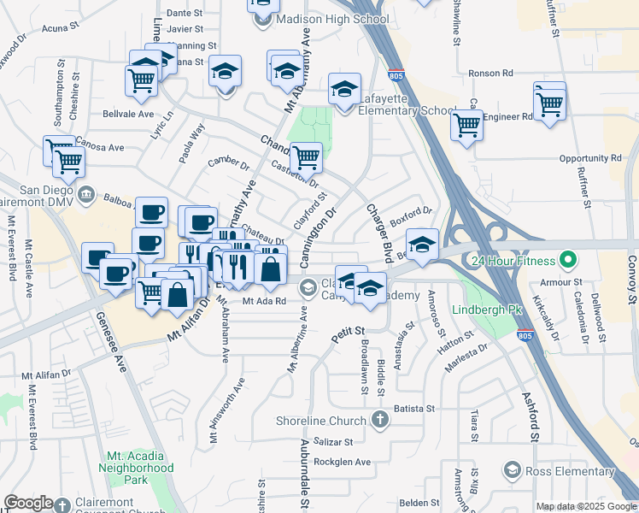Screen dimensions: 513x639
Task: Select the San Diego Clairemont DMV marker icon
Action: tap(86, 195)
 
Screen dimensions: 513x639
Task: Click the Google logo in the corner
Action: tap(28, 503)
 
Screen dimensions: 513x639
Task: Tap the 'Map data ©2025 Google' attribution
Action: tap(586, 506)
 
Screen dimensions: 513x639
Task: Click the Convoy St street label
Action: tap(631, 282)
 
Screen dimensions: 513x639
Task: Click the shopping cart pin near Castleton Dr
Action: tap(306, 157)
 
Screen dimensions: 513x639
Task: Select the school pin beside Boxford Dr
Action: tap(422, 244)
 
